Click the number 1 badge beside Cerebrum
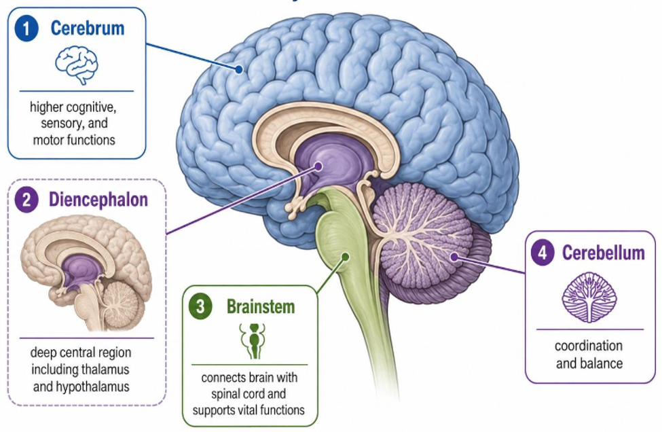coord(26,29)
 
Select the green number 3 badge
coord(200,306)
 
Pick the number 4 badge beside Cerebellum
coord(543,253)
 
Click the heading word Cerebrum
coord(88,29)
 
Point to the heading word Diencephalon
coord(98,200)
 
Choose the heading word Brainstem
coord(261,306)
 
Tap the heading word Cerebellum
coord(604,253)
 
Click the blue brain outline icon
coord(77,65)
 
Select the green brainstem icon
coord(253,341)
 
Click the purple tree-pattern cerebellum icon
coord(589,298)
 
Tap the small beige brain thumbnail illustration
coord(86,274)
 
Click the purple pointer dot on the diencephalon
coord(318,166)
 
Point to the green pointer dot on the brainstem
coord(346,256)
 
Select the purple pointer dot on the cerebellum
coord(454,256)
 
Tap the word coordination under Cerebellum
coord(589,346)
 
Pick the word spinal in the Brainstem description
coord(225,394)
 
